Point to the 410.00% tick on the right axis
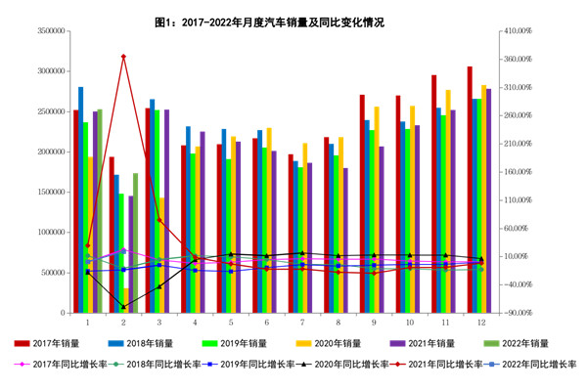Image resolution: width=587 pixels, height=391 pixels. pos(516,31)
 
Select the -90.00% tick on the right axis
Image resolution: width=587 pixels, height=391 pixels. pos(516,313)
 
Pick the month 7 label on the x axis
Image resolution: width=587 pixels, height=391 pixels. pos(302,322)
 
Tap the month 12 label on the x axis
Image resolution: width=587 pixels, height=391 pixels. pos(481,322)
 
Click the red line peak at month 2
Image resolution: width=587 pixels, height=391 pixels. pos(123,57)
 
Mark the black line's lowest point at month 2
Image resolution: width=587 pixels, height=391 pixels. pos(123,307)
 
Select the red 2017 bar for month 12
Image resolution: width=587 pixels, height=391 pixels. pos(470,186)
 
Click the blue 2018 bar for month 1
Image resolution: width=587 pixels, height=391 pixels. pos(81,195)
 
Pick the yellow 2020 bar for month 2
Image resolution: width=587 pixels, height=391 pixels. pos(127,300)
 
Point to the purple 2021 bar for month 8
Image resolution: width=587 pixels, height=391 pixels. pos(345,239)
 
